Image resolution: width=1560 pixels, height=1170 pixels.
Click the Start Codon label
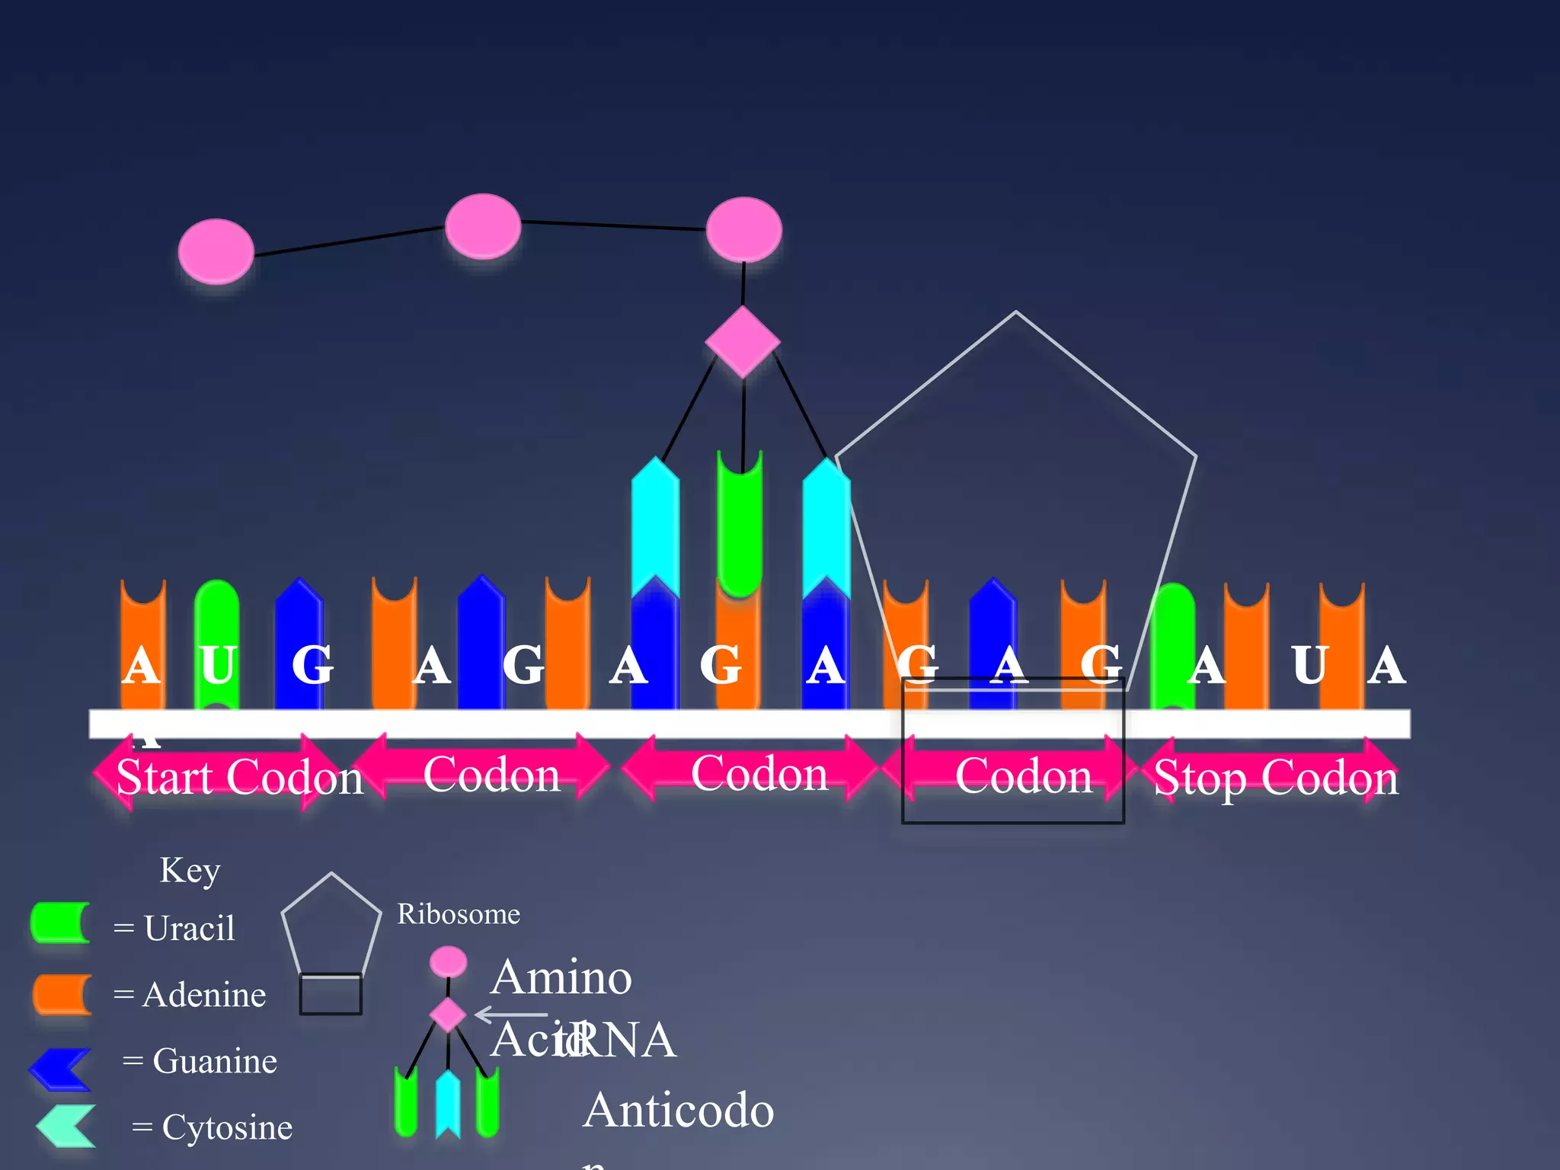(239, 777)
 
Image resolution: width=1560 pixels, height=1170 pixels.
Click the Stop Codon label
(1276, 778)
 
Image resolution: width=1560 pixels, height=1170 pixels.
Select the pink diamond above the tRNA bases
(743, 341)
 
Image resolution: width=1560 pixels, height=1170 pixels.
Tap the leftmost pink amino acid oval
(216, 251)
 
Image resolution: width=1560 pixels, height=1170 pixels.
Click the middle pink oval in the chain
(483, 226)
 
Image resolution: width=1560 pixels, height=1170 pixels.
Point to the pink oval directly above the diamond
(744, 229)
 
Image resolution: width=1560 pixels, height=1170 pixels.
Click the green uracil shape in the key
(60, 923)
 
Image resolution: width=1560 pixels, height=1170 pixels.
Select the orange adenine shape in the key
(62, 994)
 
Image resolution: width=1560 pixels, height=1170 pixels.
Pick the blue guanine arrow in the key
(61, 1069)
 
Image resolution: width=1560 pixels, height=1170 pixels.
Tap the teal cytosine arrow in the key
(66, 1126)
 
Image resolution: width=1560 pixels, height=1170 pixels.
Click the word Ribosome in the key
(459, 914)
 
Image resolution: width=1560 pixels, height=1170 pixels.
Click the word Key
(190, 871)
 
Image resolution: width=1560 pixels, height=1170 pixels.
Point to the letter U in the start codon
(218, 665)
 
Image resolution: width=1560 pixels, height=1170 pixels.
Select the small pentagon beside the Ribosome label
(331, 925)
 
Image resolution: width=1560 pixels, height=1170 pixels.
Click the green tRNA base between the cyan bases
(740, 526)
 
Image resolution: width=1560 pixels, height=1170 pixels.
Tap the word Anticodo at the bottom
(678, 1110)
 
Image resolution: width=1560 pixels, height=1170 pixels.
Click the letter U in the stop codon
(1309, 665)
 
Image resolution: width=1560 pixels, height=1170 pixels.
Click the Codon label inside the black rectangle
(1023, 775)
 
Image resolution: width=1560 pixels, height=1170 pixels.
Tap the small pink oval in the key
(448, 962)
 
